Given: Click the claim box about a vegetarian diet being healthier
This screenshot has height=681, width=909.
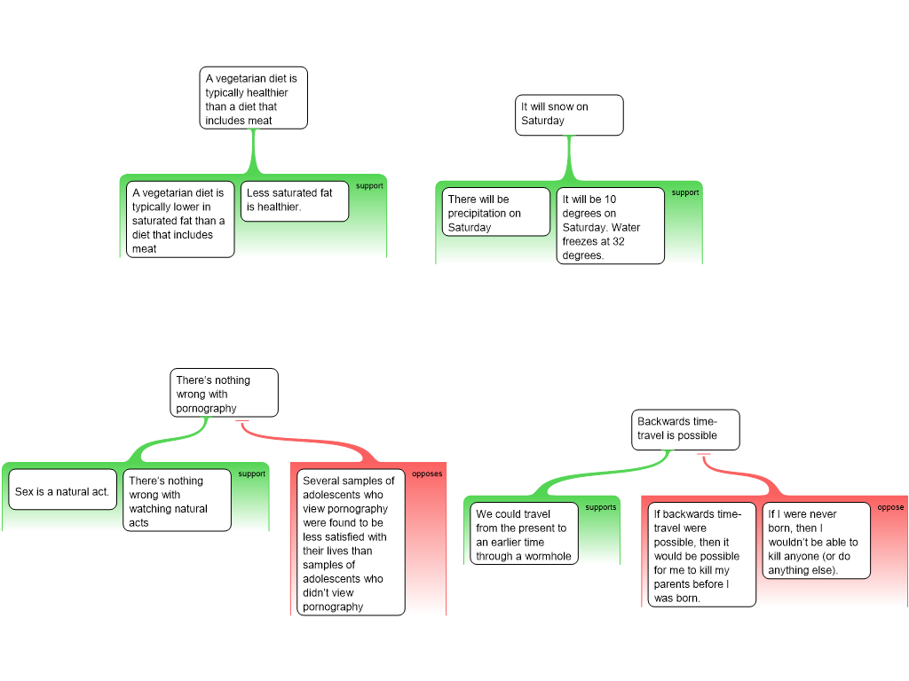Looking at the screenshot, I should pos(253,99).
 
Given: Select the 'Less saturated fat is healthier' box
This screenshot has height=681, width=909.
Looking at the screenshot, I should pos(294,200).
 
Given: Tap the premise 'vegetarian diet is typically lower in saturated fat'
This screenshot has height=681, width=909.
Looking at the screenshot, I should pos(180,220).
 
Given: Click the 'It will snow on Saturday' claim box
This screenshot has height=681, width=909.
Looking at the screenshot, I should pos(569,114).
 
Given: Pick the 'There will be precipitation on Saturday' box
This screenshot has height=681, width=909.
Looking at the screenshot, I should pos(496,213).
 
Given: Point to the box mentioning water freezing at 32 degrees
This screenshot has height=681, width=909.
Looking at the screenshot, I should pos(611,226).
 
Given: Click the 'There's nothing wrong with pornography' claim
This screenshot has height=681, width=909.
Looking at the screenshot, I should pos(225,394).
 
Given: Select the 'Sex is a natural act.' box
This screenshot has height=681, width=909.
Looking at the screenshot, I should pos(63,490).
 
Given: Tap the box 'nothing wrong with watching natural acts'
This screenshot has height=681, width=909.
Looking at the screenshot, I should pos(177,501).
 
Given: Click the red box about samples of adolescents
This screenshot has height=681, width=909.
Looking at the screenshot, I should pos(351,543).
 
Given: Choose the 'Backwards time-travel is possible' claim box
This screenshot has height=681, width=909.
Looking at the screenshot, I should pos(687,429).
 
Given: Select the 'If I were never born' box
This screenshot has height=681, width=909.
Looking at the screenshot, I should pos(816,541).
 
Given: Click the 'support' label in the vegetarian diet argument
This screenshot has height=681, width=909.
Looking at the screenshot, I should pos(369,186).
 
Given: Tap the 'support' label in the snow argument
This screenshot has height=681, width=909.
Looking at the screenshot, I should pos(684,192).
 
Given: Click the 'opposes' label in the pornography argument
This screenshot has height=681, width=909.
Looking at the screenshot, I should pos(427,474).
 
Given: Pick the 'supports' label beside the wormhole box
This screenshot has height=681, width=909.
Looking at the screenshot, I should pos(601,508).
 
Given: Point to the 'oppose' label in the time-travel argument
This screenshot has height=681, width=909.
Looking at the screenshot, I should pos(890,508).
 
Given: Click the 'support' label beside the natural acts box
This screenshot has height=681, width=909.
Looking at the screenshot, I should pos(251,474).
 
